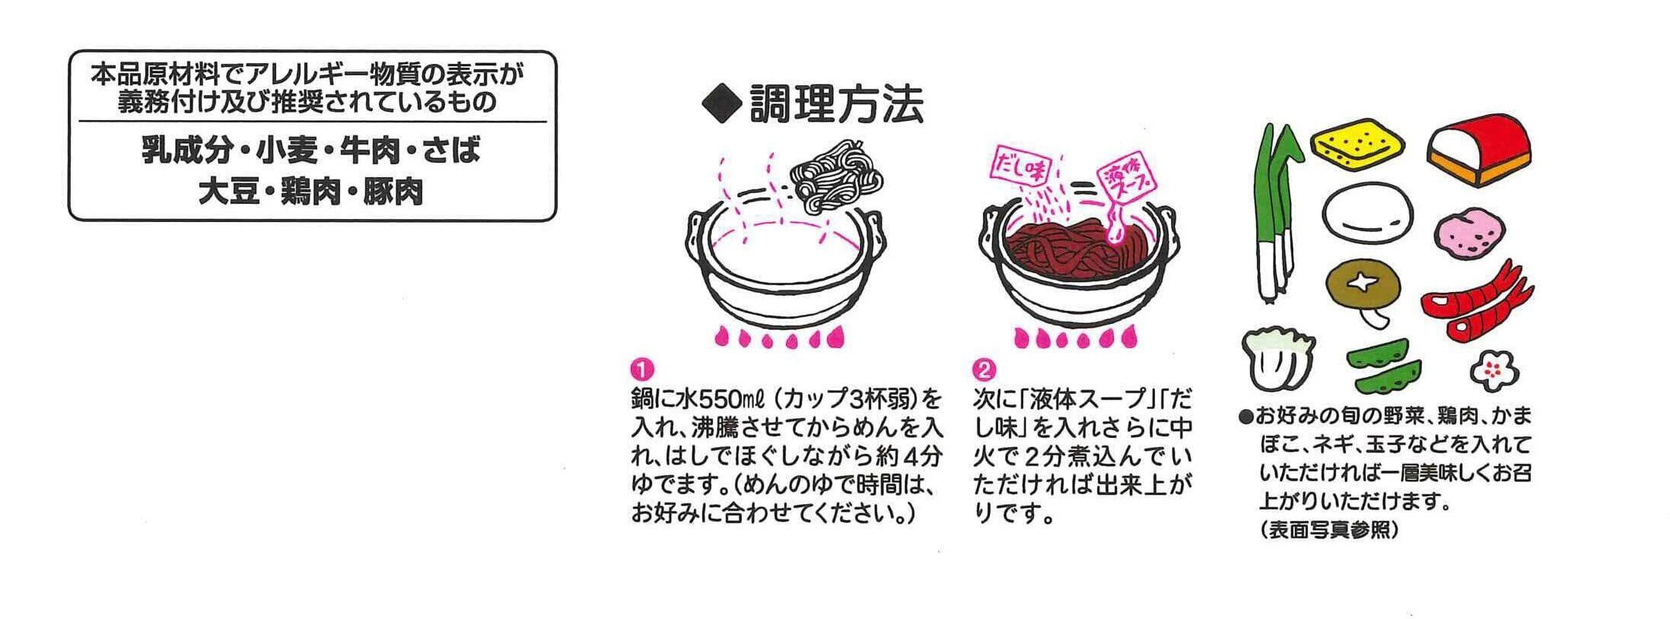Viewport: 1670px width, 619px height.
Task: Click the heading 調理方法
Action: pos(836,105)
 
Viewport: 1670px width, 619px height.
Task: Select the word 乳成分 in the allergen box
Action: pos(186,151)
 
